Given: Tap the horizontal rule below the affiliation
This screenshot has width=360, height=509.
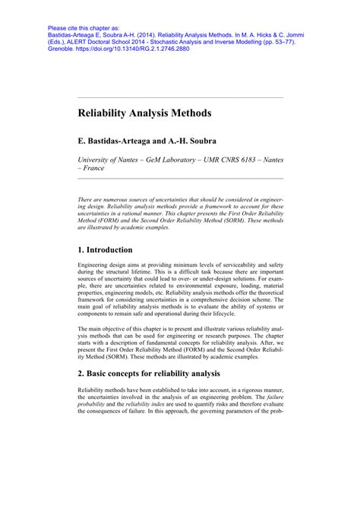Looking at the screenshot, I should pos(180,179).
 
